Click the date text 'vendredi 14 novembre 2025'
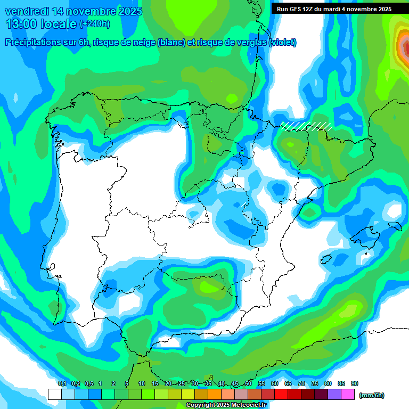pos(73,11)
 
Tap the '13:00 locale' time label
pos(41,24)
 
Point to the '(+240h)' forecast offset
pos(95,24)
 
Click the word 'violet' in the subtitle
pos(283,43)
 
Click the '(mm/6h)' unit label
pos(372,395)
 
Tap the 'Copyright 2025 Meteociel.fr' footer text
pos(226,405)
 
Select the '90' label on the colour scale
pos(355,383)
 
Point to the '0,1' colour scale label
pos(62,383)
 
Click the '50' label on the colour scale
pos(248,383)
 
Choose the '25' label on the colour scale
pos(182,383)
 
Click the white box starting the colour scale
pos(54,395)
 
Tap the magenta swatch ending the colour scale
pos(348,395)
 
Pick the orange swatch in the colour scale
pos(215,395)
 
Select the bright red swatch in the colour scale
pos(281,395)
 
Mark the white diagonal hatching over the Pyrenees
pos(307,126)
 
